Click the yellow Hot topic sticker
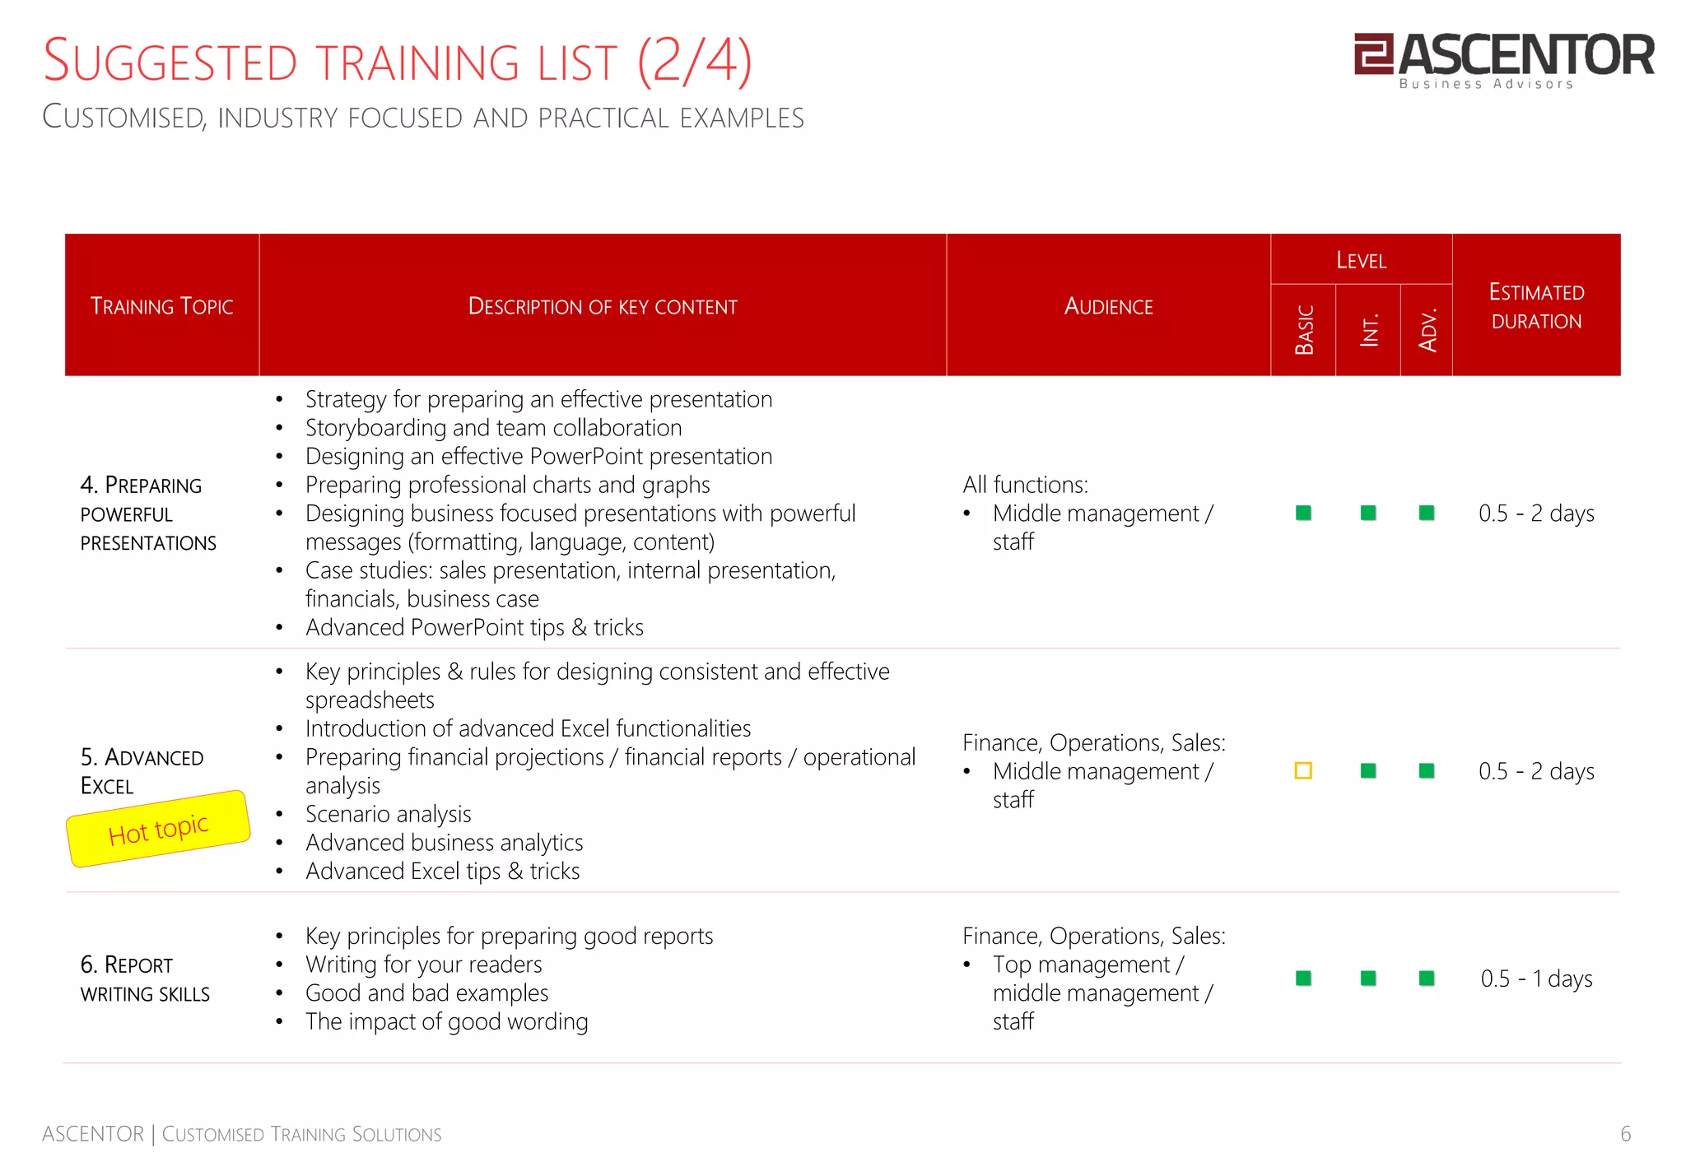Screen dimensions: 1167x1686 point(158,829)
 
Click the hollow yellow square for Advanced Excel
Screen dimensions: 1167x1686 point(1303,771)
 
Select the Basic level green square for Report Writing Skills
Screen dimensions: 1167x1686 point(1303,979)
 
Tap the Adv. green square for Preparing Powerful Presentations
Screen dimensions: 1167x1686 point(1427,514)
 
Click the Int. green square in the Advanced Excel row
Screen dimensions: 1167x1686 point(1368,771)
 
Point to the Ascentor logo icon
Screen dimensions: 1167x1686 point(1373,53)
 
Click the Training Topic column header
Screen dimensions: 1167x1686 point(162,306)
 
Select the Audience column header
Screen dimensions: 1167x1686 point(1108,306)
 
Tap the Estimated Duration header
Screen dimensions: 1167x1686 point(1536,306)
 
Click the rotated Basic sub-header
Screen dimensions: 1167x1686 point(1304,330)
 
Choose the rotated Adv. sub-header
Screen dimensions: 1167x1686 point(1428,330)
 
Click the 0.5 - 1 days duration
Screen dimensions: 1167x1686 point(1536,979)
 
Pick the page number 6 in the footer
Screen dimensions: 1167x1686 point(1625,1134)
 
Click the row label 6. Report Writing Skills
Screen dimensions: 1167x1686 point(145,979)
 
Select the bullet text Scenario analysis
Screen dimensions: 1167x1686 point(388,814)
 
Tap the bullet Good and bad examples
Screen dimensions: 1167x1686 point(426,993)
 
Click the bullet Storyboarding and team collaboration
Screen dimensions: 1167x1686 point(493,428)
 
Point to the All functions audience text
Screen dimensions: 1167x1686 point(1026,485)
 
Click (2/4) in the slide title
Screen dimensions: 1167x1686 point(695,62)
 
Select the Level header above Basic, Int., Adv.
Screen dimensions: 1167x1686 point(1361,260)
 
